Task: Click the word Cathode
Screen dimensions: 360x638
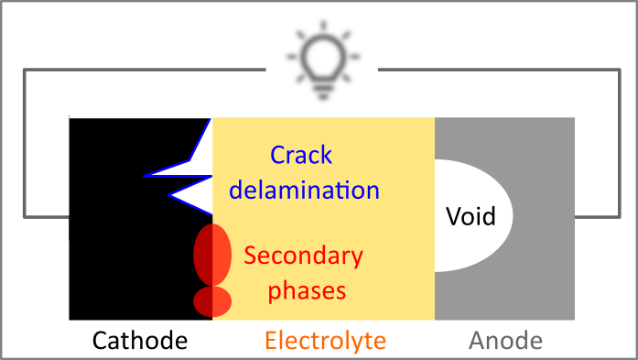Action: point(140,342)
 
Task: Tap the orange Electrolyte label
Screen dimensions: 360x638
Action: point(325,342)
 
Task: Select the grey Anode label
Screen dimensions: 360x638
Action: point(505,342)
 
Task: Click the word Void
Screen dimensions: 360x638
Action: point(470,217)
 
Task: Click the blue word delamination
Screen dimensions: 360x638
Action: point(304,190)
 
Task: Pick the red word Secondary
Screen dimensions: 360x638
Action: point(303,256)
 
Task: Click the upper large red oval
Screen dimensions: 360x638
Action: point(211,253)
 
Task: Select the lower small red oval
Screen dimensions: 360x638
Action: point(211,300)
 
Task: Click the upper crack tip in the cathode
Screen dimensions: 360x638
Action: point(146,173)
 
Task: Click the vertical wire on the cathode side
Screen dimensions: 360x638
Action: point(25,143)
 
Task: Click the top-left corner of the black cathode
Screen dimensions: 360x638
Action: point(70,118)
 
